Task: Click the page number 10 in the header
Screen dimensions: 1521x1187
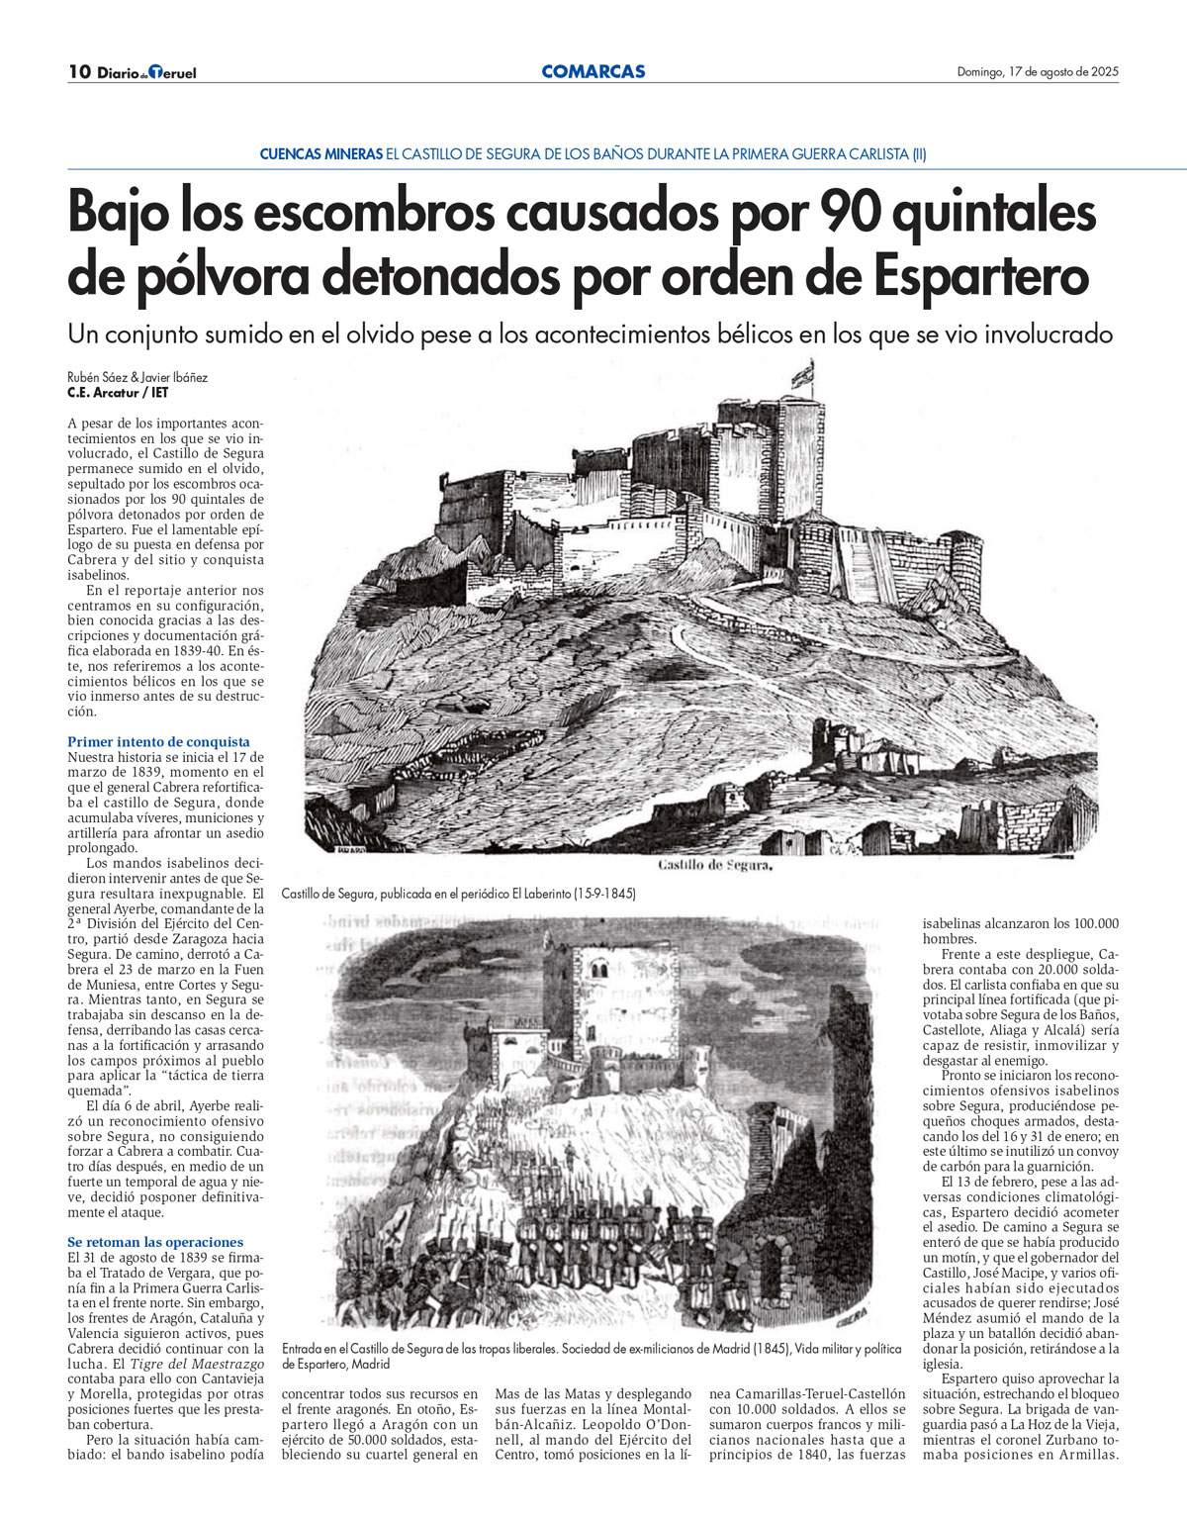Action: pos(79,71)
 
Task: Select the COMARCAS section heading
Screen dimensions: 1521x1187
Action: pos(593,71)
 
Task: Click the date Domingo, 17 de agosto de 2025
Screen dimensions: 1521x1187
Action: pos(1038,71)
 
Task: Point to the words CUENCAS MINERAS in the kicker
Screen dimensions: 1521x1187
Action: pos(320,154)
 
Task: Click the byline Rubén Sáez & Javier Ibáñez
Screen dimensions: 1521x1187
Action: pos(137,377)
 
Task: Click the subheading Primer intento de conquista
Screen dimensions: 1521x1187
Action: pos(158,741)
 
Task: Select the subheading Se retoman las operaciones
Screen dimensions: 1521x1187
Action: pos(155,1242)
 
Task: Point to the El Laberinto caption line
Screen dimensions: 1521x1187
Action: pos(458,893)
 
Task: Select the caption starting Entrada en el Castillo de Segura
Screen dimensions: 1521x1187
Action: pos(592,1356)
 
